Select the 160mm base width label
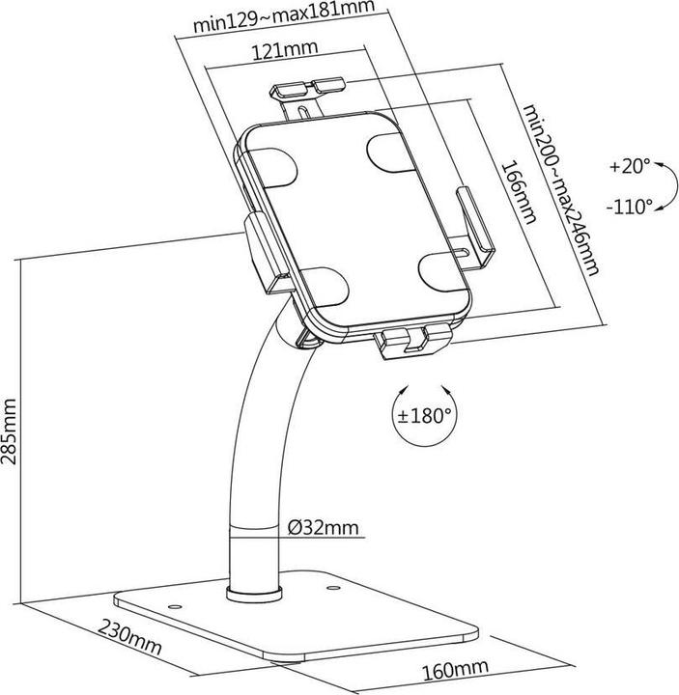pyautogui.click(x=454, y=668)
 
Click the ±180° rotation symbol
pyautogui.click(x=424, y=417)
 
